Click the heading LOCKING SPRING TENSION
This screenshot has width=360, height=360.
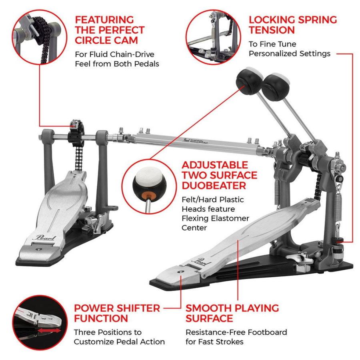pos(293,24)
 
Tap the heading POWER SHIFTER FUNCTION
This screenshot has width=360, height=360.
pos(117,313)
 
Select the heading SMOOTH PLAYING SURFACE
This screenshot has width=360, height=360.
pos(232,313)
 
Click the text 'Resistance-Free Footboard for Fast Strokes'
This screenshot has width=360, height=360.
pos(236,337)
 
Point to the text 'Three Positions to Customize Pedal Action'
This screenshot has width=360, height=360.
pos(119,337)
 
